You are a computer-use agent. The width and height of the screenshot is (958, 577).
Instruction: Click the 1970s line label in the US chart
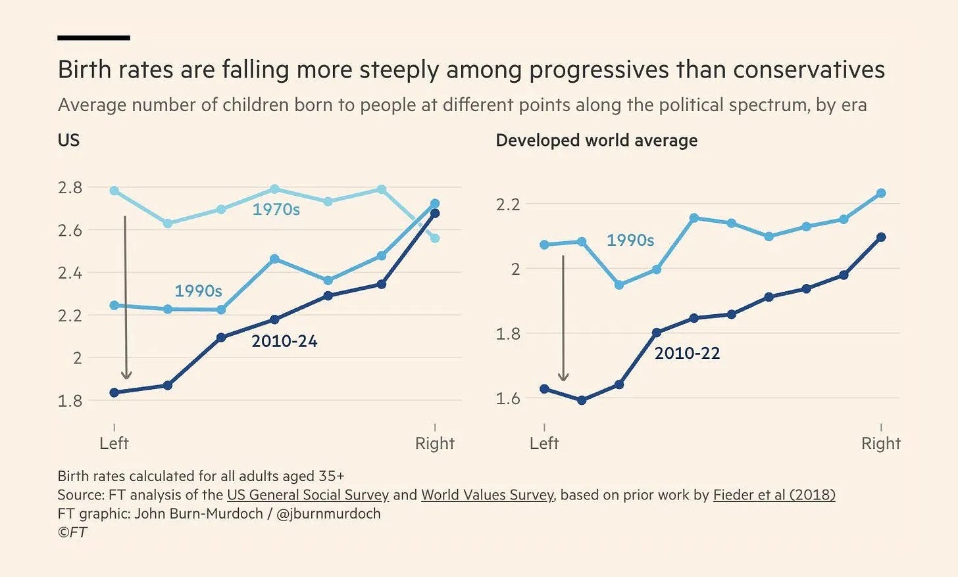coord(276,210)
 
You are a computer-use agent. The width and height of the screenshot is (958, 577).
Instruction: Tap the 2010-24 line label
coord(284,341)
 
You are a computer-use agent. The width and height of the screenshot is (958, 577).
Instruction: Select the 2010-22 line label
coord(687,354)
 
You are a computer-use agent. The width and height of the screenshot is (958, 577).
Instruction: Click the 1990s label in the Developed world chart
coord(630,241)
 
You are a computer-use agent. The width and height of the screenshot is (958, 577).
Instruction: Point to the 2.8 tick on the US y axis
coord(70,188)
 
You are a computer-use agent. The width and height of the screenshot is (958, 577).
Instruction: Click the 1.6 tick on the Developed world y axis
coord(507,398)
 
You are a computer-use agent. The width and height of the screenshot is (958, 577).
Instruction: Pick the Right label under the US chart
coord(434,444)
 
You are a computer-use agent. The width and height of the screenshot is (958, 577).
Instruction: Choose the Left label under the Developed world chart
coord(544,444)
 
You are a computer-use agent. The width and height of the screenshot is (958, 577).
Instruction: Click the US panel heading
coord(68,141)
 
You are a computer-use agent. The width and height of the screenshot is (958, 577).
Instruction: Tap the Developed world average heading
coord(596,141)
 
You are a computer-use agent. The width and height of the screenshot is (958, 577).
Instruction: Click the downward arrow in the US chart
coord(126,296)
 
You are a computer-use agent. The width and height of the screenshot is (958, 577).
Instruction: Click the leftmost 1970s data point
coord(114,191)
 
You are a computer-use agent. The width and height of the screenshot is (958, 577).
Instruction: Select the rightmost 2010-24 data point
coord(434,213)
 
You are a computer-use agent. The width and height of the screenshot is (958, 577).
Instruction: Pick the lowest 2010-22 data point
coord(582,400)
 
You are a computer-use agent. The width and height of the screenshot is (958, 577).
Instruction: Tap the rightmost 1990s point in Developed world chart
coord(881,193)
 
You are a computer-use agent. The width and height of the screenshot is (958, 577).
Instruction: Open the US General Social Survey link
coord(308,495)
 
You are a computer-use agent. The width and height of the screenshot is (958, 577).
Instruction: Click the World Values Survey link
coord(488,495)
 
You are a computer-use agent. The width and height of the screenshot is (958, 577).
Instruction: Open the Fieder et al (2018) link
coord(774,495)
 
